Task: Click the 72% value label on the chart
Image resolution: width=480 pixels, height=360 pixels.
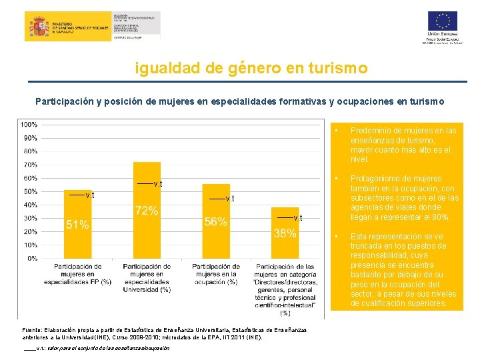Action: click(147, 211)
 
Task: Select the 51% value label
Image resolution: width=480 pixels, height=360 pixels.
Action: click(77, 225)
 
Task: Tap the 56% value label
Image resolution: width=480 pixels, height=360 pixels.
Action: click(215, 222)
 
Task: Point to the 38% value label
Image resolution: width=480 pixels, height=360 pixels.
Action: click(285, 233)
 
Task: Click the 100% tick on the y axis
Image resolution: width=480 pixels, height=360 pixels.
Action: click(29, 125)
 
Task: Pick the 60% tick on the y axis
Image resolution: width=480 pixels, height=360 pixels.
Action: click(30, 178)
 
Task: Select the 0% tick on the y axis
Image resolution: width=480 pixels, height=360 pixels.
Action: click(32, 258)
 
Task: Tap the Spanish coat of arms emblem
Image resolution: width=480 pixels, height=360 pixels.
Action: click(37, 27)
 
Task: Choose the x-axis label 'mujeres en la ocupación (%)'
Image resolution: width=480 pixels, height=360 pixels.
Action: click(215, 274)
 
